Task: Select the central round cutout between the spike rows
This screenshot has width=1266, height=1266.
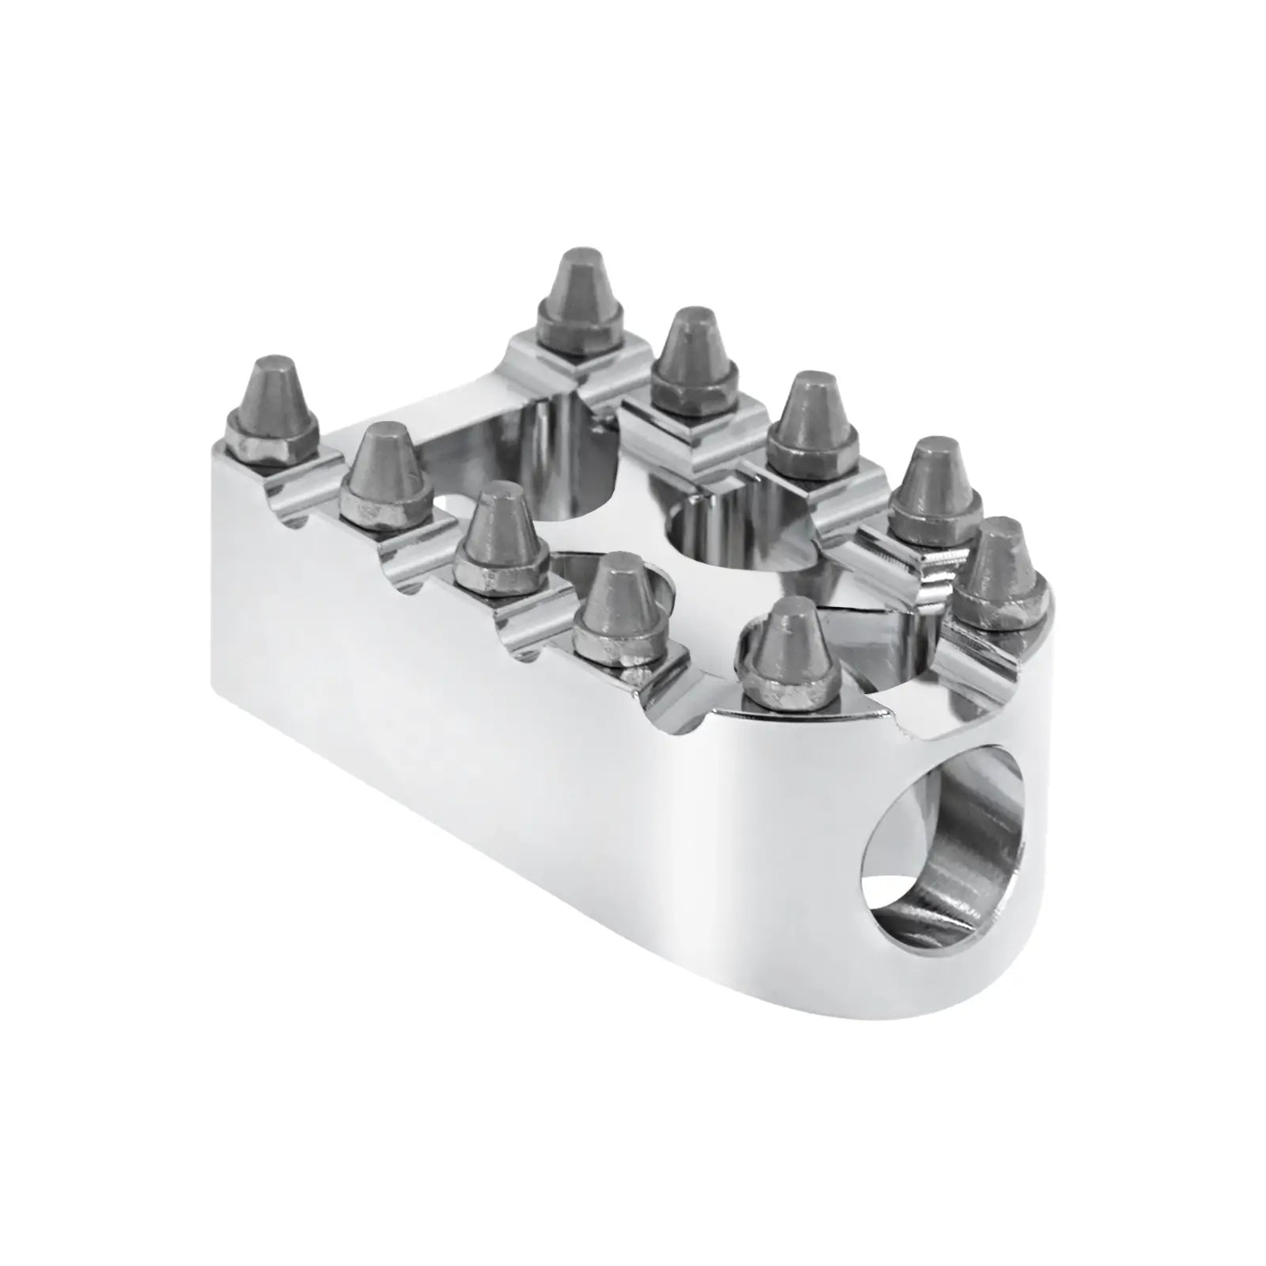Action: point(736,546)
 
